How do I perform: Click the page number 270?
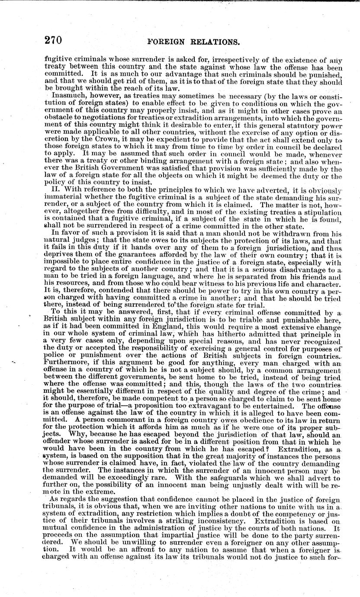tap(53, 41)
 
